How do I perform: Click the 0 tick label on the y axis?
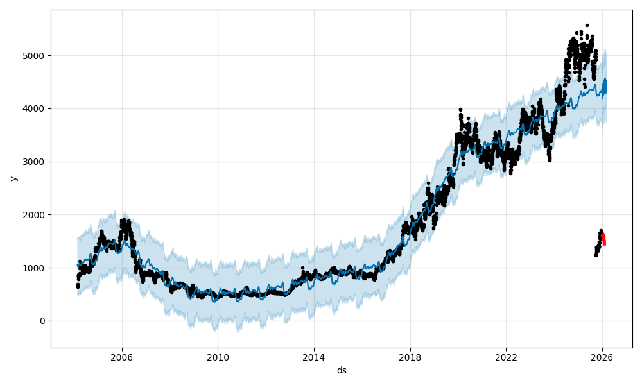tap(42, 321)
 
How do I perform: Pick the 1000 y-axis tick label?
tap(35, 268)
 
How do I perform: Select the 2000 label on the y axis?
tap(35, 214)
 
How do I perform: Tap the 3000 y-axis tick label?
tap(35, 162)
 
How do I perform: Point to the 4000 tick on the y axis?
tap(35, 108)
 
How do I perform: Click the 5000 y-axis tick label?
tap(35, 55)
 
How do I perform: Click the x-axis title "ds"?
tap(342, 370)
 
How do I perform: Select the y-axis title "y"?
tap(12, 178)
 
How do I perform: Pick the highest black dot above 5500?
tap(587, 25)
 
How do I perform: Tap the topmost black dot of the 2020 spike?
tap(460, 110)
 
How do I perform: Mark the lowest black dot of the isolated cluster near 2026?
tap(596, 255)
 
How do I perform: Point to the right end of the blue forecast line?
tap(605, 80)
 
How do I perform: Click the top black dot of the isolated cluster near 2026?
tap(601, 231)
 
